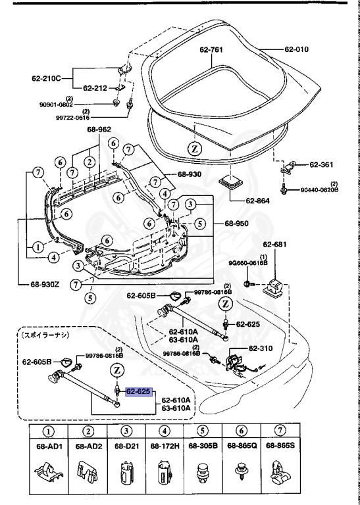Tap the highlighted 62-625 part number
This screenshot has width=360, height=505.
pos(139,391)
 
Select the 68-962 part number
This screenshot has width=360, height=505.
pos(99,130)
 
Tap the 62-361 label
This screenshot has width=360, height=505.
pos(322,164)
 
